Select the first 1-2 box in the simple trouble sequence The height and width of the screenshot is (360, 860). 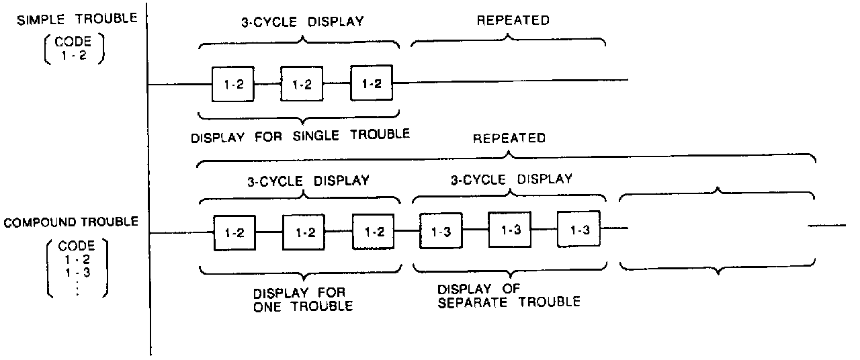pyautogui.click(x=232, y=85)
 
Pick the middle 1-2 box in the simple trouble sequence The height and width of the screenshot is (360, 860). pyautogui.click(x=302, y=85)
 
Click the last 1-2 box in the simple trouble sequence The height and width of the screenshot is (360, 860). pyautogui.click(x=372, y=84)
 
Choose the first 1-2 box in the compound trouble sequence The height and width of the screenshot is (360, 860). pyautogui.click(x=234, y=234)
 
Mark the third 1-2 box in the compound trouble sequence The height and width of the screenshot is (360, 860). pyautogui.click(x=374, y=232)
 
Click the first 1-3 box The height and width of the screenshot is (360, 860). pyautogui.click(x=441, y=231)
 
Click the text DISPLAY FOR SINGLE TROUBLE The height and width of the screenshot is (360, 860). pyautogui.click(x=300, y=134)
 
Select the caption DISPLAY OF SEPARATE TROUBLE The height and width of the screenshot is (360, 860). pyautogui.click(x=509, y=296)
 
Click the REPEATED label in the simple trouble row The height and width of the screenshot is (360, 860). pyautogui.click(x=512, y=20)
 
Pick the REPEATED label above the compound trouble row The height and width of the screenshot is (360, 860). pyautogui.click(x=509, y=139)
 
